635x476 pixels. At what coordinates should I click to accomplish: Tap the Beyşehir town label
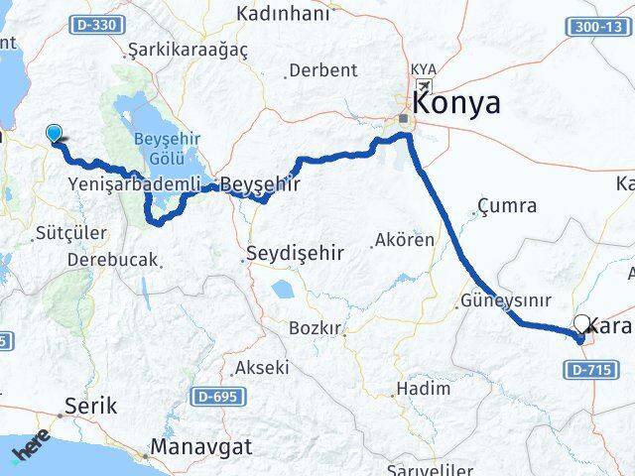(260, 183)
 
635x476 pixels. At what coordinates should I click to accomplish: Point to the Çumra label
(507, 206)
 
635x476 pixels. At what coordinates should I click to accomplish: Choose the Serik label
(90, 406)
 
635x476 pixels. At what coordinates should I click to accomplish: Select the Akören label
(404, 240)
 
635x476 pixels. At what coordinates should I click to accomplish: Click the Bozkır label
(315, 328)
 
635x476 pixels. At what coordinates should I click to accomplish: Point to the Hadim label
(423, 388)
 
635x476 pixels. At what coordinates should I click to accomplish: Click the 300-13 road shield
(601, 27)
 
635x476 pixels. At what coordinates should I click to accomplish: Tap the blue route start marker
(54, 132)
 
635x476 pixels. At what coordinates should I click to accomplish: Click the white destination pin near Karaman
(583, 323)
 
